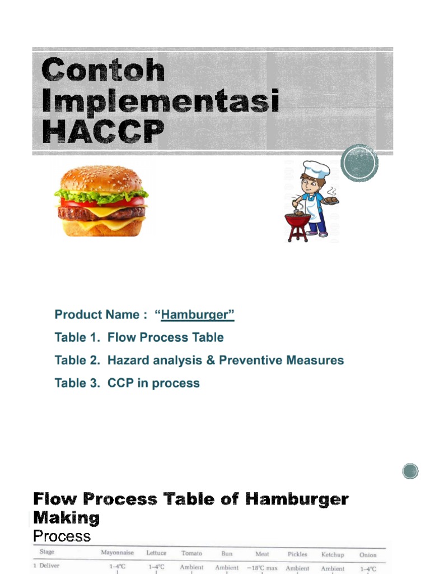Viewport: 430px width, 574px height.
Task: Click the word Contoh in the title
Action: [x=104, y=71]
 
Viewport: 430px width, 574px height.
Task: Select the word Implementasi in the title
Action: [x=161, y=103]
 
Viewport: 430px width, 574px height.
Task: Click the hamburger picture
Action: [x=101, y=201]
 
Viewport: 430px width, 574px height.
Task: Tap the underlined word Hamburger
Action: [x=197, y=315]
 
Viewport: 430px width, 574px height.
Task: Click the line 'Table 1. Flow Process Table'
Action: [x=139, y=337]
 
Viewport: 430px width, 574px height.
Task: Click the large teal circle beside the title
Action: [x=359, y=163]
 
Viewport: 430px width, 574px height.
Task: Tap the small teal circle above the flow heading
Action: [x=410, y=471]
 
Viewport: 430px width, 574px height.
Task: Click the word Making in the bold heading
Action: [x=66, y=517]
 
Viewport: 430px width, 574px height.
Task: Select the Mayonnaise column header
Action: [x=117, y=553]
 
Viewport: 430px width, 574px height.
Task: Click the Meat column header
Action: [x=262, y=554]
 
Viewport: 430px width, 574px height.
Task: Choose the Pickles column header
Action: [x=297, y=554]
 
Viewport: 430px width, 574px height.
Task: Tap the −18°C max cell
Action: [x=262, y=568]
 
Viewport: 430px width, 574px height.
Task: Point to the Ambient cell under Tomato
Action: [x=191, y=567]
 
